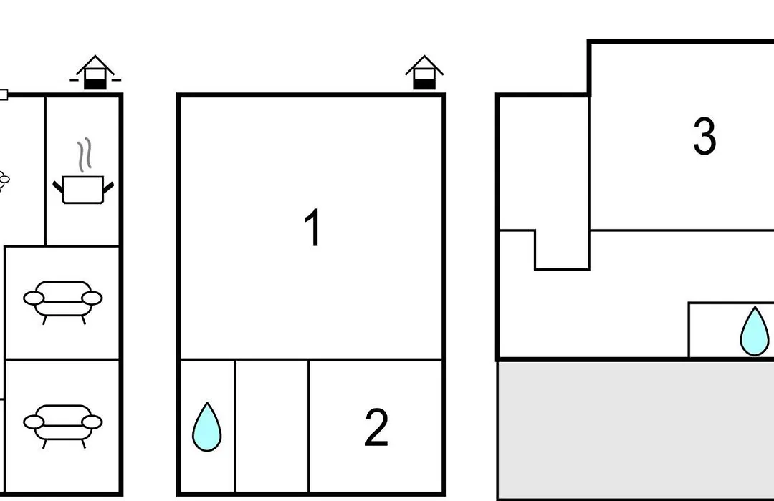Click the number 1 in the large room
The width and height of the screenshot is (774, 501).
312,228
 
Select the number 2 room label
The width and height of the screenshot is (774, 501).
376,427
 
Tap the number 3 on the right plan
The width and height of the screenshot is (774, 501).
704,135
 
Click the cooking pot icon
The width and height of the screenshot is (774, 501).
83,190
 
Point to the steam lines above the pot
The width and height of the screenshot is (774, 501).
85,155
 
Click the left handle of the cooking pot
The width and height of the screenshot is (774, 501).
58,187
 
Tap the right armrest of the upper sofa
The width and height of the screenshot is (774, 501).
92,298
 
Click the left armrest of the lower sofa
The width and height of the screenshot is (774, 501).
34,422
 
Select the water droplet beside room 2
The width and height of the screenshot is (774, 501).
207,427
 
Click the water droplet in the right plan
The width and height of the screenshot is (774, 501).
754,331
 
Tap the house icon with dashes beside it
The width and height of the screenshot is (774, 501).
95,72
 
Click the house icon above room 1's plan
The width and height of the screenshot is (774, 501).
424,72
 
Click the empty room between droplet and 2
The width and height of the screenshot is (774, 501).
272,426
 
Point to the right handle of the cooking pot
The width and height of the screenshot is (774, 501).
109,187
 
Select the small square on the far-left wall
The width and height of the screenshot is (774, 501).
4,94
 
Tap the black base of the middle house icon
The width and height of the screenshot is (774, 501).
424,85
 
